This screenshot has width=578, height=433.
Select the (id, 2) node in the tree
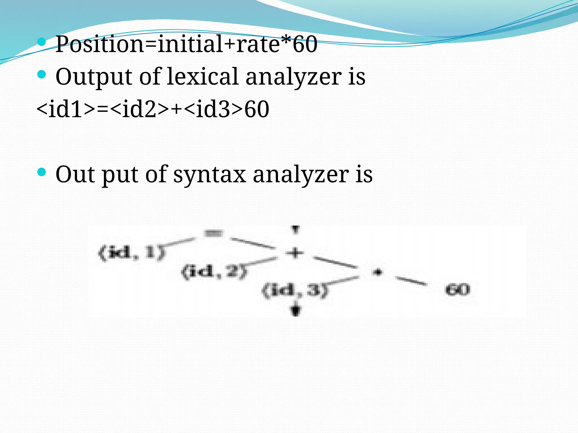coord(214,272)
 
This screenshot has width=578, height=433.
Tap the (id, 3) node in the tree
coord(295,290)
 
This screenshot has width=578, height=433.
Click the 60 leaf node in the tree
coord(457,290)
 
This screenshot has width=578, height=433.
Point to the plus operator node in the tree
coord(295,253)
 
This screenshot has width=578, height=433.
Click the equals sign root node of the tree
coord(214,233)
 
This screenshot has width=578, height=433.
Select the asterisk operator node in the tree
coord(378,272)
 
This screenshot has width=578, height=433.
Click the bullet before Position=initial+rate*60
coord(41,42)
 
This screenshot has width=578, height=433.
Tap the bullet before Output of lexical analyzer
coord(41,74)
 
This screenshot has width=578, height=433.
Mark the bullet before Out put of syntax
coord(41,172)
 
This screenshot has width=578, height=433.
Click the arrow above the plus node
coord(295,230)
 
